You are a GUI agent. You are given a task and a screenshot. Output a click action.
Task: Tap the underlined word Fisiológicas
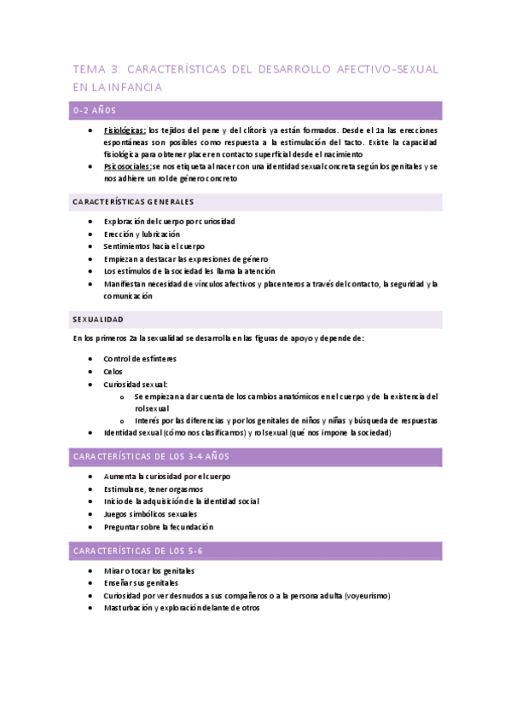pyautogui.click(x=125, y=130)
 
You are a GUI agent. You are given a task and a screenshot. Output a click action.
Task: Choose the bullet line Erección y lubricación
pyautogui.click(x=142, y=234)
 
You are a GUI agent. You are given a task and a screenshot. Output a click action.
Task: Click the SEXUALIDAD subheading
pyautogui.click(x=98, y=319)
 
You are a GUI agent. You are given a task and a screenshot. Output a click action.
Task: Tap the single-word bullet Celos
pyautogui.click(x=113, y=372)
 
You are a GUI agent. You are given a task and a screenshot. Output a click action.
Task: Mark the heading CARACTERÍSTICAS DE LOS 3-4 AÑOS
pyautogui.click(x=151, y=457)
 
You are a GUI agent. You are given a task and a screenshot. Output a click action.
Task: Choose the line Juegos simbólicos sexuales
pyautogui.click(x=151, y=514)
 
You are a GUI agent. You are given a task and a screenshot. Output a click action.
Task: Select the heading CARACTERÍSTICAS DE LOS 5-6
pyautogui.click(x=138, y=551)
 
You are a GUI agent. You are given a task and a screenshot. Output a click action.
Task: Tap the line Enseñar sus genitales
pyautogui.click(x=141, y=583)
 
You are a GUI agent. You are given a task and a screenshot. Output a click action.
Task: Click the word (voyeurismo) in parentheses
pyautogui.click(x=373, y=596)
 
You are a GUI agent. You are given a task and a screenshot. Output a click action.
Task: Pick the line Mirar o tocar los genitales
pyautogui.click(x=148, y=570)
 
